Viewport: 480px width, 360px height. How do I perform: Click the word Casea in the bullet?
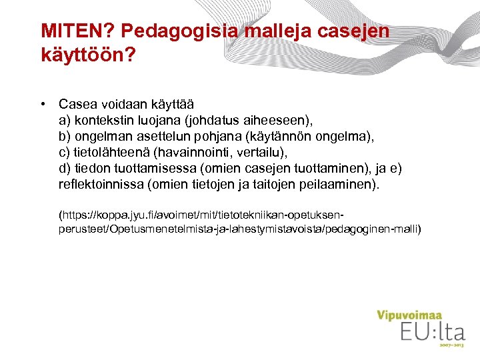pyautogui.click(x=78, y=105)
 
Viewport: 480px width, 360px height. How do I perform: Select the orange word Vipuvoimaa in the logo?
pyautogui.click(x=409, y=314)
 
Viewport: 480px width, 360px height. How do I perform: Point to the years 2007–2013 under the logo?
pyautogui.click(x=451, y=346)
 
